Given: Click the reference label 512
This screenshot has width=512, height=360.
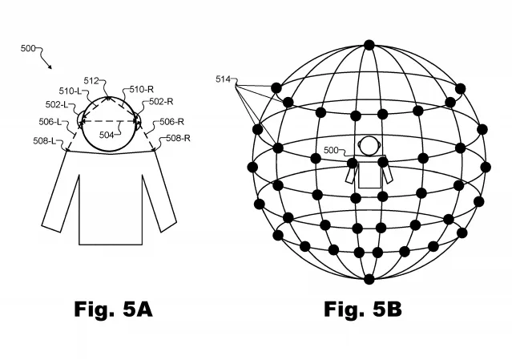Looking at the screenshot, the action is click(91, 81).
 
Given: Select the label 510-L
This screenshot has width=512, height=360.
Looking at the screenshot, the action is click(70, 91).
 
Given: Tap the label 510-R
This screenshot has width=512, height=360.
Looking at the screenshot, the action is click(141, 89).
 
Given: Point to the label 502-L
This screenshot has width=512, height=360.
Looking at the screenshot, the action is click(57, 104).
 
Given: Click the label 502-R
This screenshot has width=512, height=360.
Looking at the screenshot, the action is click(161, 102).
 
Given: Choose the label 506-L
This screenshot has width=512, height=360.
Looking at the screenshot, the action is click(50, 122).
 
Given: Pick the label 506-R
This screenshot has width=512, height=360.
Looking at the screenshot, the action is click(171, 122).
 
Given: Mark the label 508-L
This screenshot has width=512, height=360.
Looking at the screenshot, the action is click(44, 141).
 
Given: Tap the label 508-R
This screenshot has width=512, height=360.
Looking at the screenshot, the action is click(178, 138).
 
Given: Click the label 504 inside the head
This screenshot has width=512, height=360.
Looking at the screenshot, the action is click(107, 135).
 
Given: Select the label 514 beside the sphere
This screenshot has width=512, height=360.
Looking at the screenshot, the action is click(223, 79).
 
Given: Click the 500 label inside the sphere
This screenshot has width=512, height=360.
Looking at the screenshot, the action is click(331, 150).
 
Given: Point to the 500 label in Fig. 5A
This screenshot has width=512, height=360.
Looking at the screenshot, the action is click(28, 48).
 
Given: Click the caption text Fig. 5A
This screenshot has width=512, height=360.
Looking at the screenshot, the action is click(113, 309).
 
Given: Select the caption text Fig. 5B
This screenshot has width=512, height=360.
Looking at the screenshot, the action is click(363, 309).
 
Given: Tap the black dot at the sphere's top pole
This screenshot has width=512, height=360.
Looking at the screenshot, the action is click(369, 45).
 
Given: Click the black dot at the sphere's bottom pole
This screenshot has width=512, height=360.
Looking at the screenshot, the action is click(369, 280).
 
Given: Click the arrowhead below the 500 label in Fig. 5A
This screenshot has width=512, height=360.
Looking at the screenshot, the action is click(50, 67).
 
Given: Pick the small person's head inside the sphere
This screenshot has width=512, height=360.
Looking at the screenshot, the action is click(369, 146).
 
